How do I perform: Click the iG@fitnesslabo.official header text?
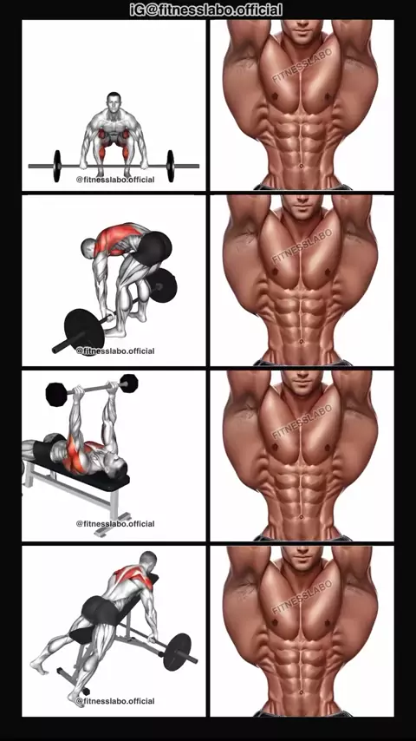pyautogui.click(x=206, y=10)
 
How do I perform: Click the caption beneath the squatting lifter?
pyautogui.click(x=115, y=180)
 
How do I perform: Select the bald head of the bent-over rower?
pyautogui.click(x=88, y=247)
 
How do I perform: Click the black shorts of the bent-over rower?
pyautogui.click(x=153, y=246)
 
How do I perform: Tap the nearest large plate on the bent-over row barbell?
pyautogui.click(x=83, y=330)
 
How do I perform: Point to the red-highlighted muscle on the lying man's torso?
pyautogui.click(x=75, y=454)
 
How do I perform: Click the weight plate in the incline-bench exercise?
pyautogui.click(x=177, y=652)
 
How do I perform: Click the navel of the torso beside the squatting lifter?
pyautogui.click(x=302, y=166)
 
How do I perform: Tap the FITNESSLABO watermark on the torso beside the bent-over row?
pyautogui.click(x=302, y=246)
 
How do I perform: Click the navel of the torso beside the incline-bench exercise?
pyautogui.click(x=302, y=692)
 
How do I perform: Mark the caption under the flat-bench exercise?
pyautogui.click(x=115, y=523)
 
